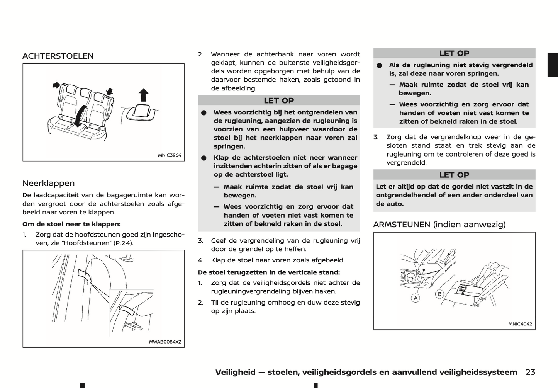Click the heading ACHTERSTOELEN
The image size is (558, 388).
[58, 56]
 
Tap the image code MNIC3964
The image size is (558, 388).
[169, 155]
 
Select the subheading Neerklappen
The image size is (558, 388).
[48, 183]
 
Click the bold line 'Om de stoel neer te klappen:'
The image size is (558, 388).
[71, 224]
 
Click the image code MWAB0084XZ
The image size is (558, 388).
[165, 342]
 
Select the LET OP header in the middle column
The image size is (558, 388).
[279, 100]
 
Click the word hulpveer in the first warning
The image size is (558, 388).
[293, 129]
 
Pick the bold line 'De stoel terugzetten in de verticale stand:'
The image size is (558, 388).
[269, 272]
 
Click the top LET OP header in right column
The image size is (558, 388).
[454, 53]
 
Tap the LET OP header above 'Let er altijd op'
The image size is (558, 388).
[454, 175]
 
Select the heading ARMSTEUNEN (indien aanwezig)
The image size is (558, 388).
[439, 225]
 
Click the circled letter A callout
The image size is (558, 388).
[416, 298]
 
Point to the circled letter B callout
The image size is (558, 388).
[439, 294]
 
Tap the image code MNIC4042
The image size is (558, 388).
[520, 324]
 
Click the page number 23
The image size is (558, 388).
[530, 372]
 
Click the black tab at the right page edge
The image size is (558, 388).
[553, 65]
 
